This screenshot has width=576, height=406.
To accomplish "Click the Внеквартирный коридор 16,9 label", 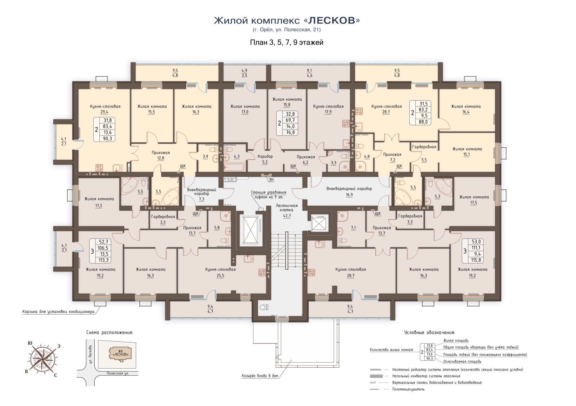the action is [349, 191].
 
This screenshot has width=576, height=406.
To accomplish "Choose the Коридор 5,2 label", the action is [265, 159].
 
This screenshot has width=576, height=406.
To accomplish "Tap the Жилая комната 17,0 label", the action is [245, 109].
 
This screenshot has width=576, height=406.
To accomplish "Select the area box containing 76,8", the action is [287, 123].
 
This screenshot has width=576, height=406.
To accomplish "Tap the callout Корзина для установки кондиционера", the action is [58, 311].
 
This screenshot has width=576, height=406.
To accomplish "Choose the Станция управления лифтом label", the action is [269, 194].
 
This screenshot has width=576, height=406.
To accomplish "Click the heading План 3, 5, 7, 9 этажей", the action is [287, 42].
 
